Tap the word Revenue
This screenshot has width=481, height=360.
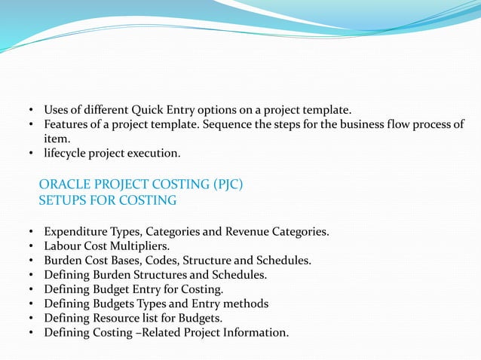pos(247,231)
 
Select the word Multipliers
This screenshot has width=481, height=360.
pos(142,246)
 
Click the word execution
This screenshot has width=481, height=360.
pos(157,154)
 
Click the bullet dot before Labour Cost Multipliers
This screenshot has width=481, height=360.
pos(31,246)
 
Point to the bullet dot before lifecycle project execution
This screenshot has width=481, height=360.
pos(31,154)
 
